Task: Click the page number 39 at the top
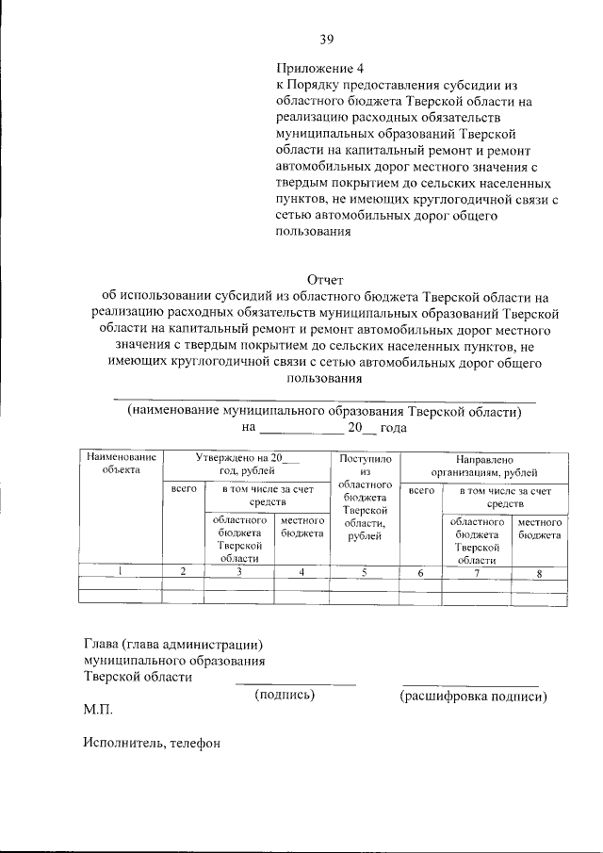click(x=326, y=39)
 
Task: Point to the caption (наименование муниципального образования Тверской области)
click(x=324, y=412)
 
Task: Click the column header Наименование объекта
click(x=121, y=462)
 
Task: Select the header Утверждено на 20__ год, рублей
click(x=246, y=462)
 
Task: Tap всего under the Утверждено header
click(x=184, y=490)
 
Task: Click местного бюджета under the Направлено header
click(x=540, y=528)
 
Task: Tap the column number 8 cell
click(x=539, y=572)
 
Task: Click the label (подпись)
click(x=285, y=696)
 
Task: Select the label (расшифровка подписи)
click(x=472, y=697)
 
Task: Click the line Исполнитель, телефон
click(x=151, y=744)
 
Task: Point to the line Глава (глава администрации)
click(x=171, y=645)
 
